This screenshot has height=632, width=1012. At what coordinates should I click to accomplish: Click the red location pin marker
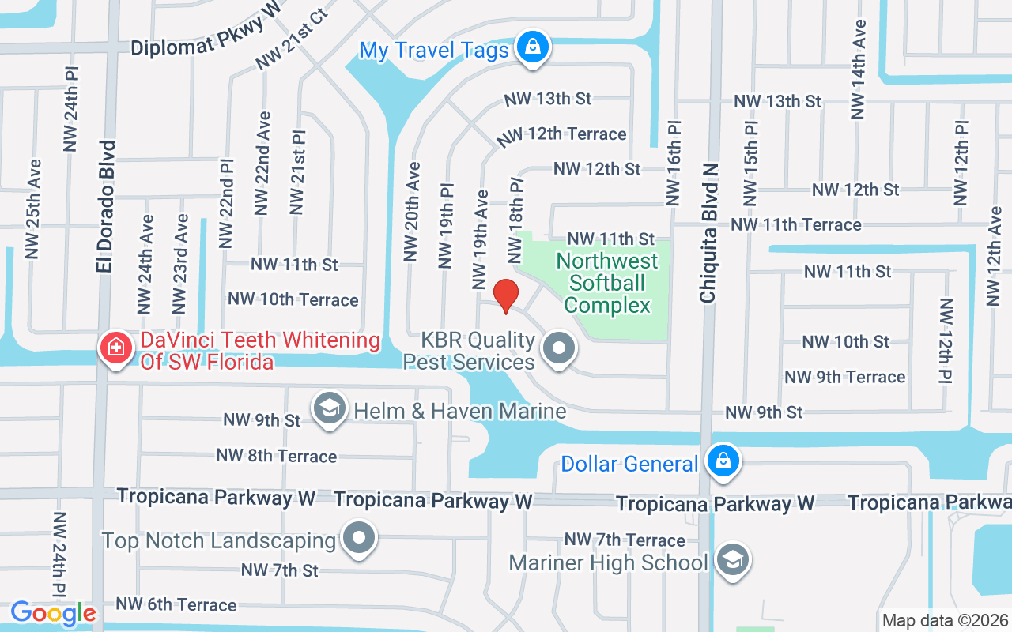506,295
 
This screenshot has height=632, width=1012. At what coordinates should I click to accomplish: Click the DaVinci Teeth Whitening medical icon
115,348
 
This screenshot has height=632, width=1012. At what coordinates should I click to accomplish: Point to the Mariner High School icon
732,561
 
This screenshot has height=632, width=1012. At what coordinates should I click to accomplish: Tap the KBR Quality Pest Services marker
560,348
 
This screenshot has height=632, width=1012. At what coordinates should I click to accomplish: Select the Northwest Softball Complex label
607,283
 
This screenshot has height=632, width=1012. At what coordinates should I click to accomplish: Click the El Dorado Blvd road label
106,207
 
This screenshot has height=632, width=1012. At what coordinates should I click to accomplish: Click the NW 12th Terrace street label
561,135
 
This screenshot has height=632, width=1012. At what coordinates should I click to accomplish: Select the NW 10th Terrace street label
293,299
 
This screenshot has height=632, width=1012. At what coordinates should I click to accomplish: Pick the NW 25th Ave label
32,209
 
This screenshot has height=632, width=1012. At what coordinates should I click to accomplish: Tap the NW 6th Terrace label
176,604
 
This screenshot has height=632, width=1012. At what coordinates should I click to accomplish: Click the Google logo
53,613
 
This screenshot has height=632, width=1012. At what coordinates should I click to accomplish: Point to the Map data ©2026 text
945,621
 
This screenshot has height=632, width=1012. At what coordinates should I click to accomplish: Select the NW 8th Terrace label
277,456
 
